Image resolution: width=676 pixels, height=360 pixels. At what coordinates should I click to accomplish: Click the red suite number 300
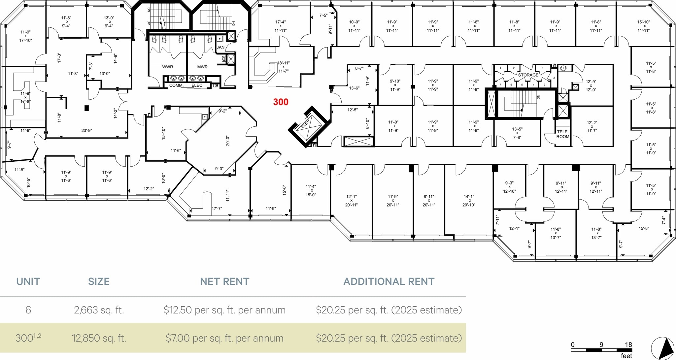click(x=281, y=102)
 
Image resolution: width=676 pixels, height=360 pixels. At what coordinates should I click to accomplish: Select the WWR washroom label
click(x=168, y=67)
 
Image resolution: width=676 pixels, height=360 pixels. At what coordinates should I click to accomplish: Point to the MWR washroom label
click(x=202, y=67)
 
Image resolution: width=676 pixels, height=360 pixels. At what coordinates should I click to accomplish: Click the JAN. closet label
click(x=221, y=48)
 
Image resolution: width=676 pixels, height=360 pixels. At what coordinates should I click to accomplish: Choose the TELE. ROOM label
click(x=563, y=134)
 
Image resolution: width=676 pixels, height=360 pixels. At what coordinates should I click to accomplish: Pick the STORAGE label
click(x=528, y=75)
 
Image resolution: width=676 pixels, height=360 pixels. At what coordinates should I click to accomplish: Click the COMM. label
click(x=176, y=85)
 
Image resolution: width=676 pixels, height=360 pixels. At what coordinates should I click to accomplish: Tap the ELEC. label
click(x=197, y=85)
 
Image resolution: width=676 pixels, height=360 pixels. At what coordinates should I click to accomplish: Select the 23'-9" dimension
click(x=86, y=131)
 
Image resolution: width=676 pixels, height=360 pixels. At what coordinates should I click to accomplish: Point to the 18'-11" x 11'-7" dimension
click(x=283, y=67)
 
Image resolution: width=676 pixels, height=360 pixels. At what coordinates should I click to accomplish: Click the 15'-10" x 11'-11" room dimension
click(x=644, y=26)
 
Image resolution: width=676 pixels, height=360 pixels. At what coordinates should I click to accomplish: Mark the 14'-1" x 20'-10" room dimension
click(x=469, y=201)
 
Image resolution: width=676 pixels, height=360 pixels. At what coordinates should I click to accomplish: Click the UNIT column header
click(x=28, y=281)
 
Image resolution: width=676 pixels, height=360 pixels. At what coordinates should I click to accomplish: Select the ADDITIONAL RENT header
click(x=389, y=281)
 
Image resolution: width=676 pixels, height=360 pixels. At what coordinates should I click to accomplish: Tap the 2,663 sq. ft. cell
click(x=99, y=310)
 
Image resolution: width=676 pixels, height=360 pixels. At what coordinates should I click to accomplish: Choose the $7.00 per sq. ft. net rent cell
click(x=224, y=338)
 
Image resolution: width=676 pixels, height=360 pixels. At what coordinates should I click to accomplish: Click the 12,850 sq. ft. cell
click(x=99, y=338)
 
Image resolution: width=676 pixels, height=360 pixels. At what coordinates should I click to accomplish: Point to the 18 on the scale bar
click(x=628, y=345)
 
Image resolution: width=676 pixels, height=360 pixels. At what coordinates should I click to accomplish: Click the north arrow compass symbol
click(x=662, y=348)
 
